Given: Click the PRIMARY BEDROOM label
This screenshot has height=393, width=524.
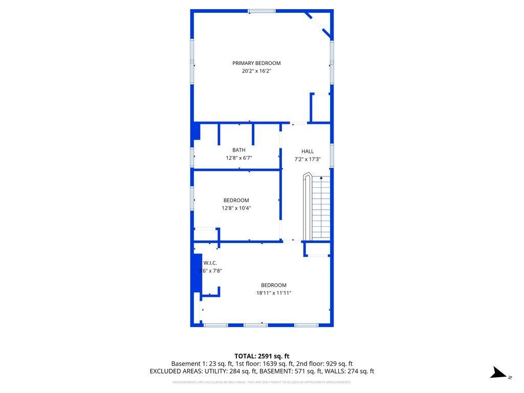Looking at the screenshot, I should pyautogui.click(x=256, y=63).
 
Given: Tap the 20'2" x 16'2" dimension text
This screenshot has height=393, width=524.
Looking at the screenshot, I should pyautogui.click(x=256, y=71).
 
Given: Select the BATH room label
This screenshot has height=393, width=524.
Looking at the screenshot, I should pyautogui.click(x=239, y=150).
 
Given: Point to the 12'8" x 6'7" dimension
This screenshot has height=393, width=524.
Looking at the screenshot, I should pyautogui.click(x=239, y=158).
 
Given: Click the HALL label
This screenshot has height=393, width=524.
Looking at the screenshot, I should pyautogui.click(x=308, y=151).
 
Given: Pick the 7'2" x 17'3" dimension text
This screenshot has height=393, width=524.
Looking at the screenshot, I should pyautogui.click(x=308, y=159).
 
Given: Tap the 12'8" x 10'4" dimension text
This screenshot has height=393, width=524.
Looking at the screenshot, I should pyautogui.click(x=236, y=208).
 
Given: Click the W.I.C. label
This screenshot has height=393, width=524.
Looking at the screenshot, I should pyautogui.click(x=210, y=263).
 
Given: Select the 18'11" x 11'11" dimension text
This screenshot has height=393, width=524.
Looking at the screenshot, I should pyautogui.click(x=274, y=293).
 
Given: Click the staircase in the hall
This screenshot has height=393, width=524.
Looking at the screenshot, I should pyautogui.click(x=321, y=207).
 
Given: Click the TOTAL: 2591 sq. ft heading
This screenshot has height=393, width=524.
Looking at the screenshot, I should pyautogui.click(x=262, y=356).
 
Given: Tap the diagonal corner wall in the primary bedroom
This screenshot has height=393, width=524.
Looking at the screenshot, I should pyautogui.click(x=318, y=25).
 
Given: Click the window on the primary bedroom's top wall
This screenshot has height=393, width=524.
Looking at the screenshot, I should pyautogui.click(x=261, y=11).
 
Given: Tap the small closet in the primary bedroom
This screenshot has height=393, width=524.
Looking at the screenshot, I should pyautogui.click(x=321, y=108).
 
